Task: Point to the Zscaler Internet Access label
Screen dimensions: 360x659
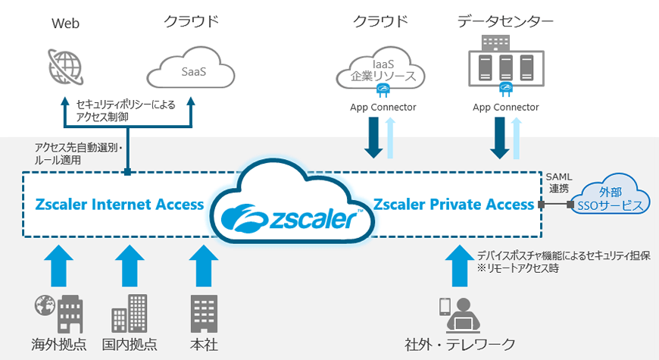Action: (119, 204)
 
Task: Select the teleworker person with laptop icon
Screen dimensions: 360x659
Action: (461, 314)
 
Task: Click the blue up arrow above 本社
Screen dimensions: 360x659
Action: (202, 264)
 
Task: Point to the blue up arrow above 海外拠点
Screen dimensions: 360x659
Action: (58, 264)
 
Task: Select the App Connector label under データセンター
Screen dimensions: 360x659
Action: (505, 107)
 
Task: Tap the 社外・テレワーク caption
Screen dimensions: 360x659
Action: (460, 345)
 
